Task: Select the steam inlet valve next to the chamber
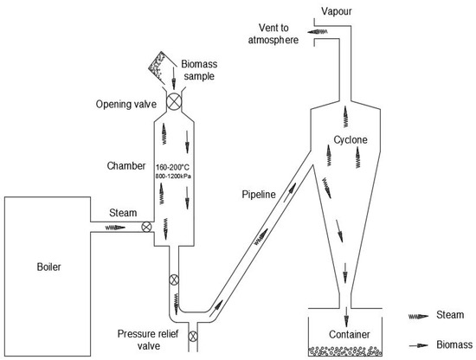tap(146, 228)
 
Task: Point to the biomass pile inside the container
tap(349, 351)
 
